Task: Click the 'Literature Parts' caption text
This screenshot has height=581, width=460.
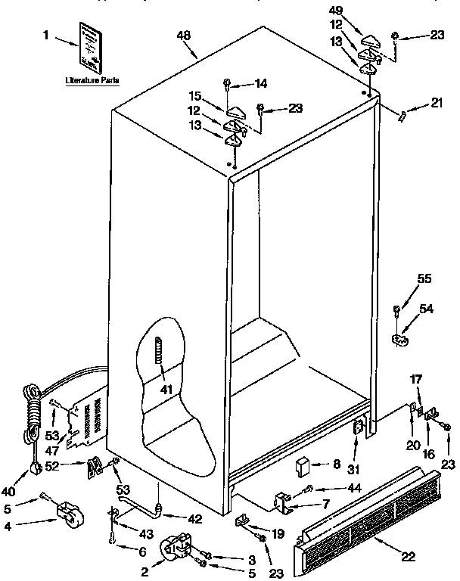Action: (92, 79)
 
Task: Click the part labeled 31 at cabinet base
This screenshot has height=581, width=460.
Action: (358, 430)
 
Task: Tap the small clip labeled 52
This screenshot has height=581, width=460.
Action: (95, 468)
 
